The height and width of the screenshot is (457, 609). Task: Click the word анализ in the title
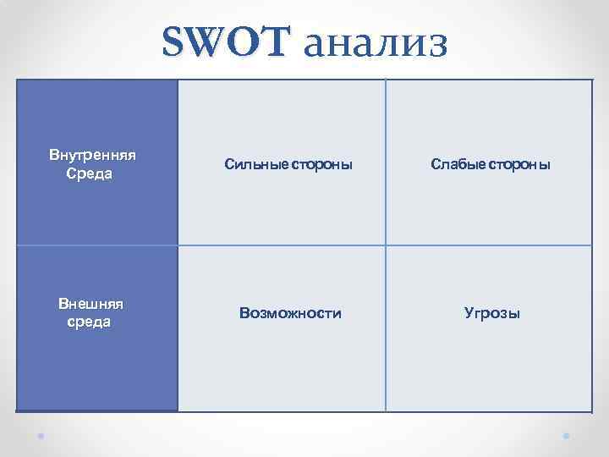pos(374,44)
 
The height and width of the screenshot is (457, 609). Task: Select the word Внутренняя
pos(93,156)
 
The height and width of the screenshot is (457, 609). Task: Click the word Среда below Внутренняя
pos(89,173)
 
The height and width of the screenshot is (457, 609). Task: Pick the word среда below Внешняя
pos(89,322)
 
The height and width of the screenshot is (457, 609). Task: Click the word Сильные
pos(256,164)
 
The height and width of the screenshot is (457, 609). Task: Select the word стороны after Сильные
pos(321,164)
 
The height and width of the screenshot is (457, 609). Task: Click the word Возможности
pos(290,313)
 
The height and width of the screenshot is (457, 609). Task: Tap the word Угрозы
pos(491,313)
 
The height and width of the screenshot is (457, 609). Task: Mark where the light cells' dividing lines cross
pos(386,245)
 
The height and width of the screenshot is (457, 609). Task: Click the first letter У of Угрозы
pos(469,313)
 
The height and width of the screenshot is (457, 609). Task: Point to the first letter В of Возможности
pos(244,313)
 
